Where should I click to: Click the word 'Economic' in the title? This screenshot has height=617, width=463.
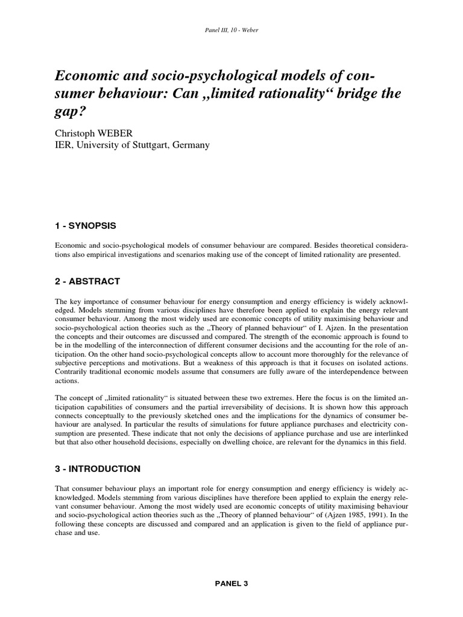point(86,77)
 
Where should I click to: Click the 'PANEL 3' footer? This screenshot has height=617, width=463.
point(231,584)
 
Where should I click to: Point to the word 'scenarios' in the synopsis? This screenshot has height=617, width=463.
point(191,255)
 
